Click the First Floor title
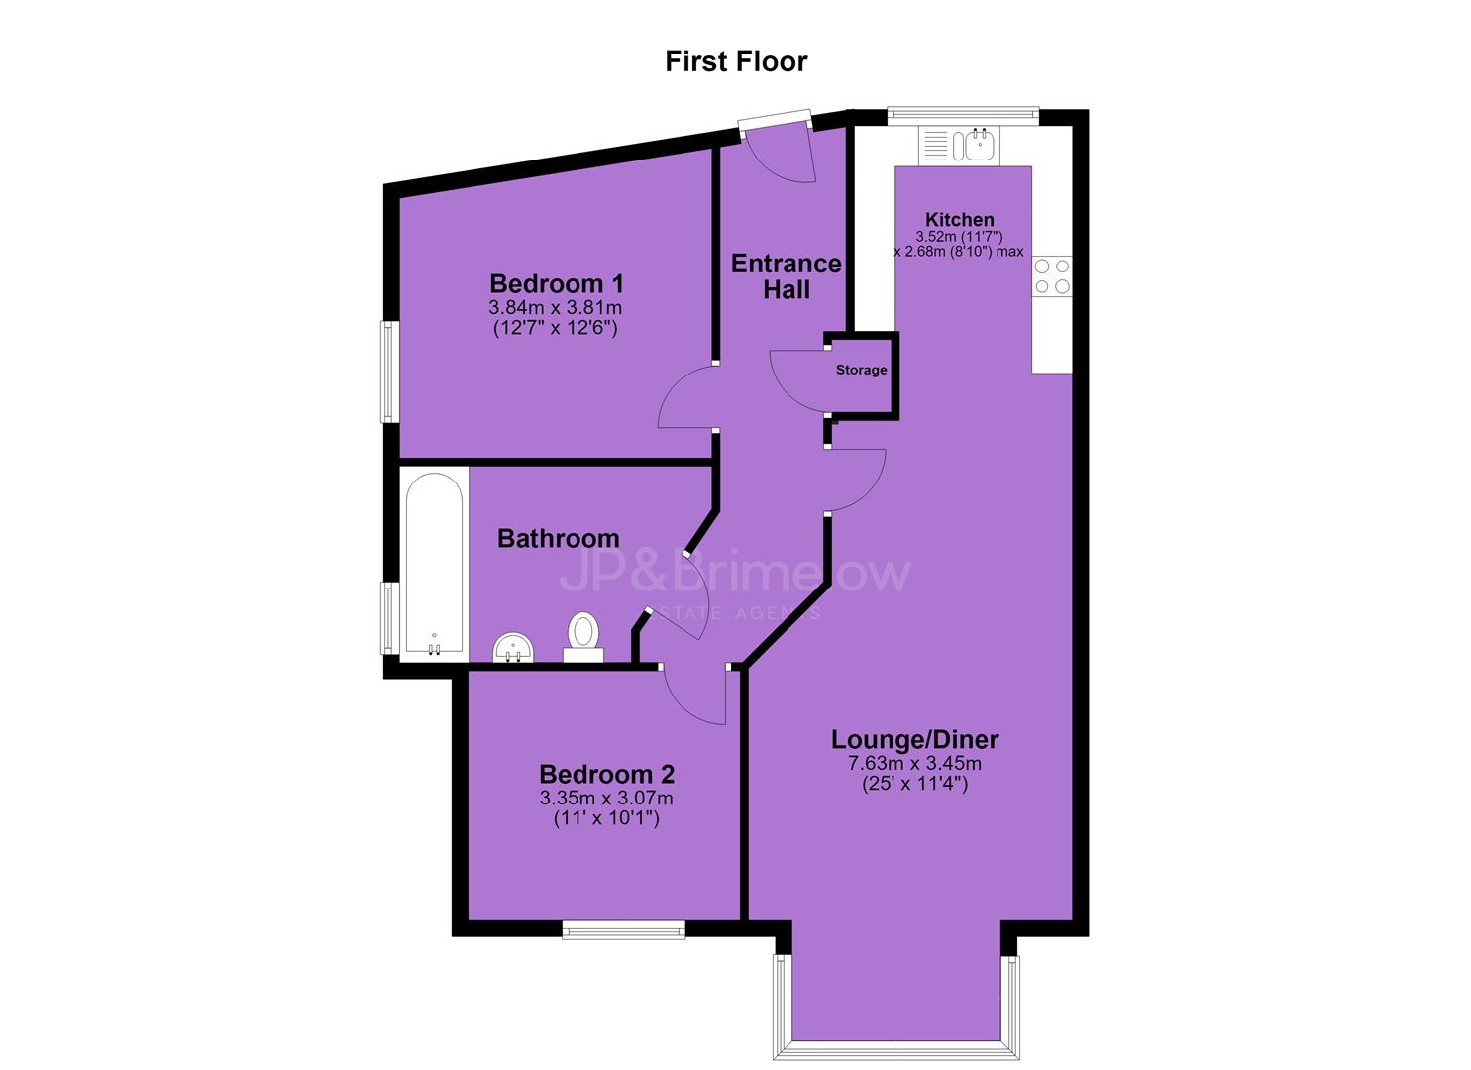click(736, 61)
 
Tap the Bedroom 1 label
click(557, 283)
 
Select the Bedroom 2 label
click(606, 775)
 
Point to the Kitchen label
click(960, 219)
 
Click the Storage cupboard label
click(861, 370)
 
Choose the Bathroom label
click(559, 539)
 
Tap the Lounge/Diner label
click(914, 740)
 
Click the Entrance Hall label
click(787, 276)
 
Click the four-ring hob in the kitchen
click(1052, 275)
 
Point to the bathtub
click(434, 564)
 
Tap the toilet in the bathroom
click(582, 636)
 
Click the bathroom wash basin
click(513, 648)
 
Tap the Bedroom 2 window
click(623, 929)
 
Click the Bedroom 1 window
click(390, 372)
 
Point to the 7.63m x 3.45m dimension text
click(914, 763)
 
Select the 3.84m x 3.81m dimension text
click(556, 307)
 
